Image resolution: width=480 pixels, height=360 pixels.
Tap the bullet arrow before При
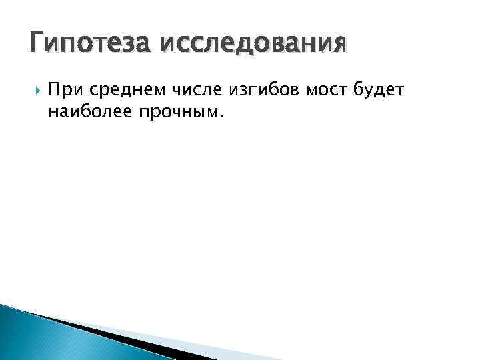[35, 89]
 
